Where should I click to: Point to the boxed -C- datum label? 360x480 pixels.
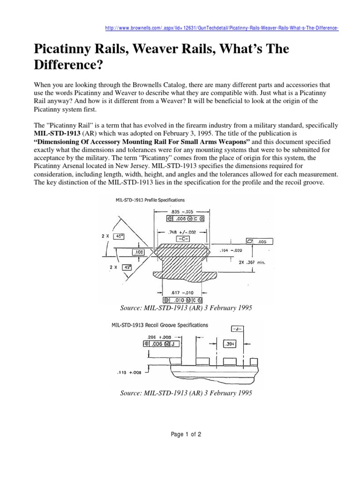tap(182, 239)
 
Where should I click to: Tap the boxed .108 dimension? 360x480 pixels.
tap(139, 252)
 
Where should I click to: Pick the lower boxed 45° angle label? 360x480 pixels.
tap(127, 268)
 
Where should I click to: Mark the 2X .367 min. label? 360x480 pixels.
tap(253, 262)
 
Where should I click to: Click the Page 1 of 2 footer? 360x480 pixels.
tap(186, 435)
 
